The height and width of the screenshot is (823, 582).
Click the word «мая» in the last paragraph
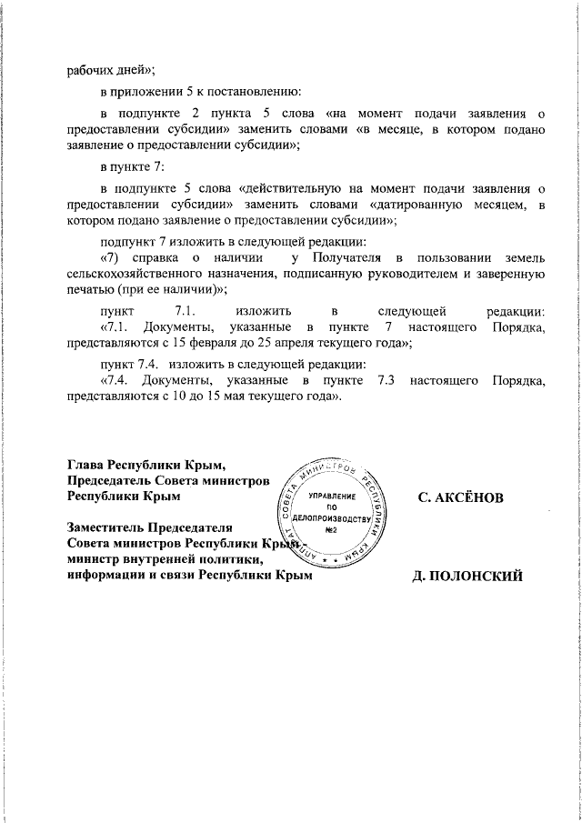click(210, 396)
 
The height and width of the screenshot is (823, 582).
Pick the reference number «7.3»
click(380, 380)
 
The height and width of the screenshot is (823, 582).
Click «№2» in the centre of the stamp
click(332, 529)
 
